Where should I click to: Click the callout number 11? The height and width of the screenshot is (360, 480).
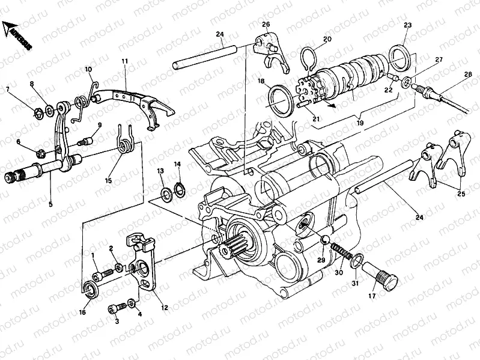pyautogui.click(x=125, y=61)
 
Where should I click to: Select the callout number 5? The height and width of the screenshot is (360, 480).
pyautogui.click(x=50, y=204)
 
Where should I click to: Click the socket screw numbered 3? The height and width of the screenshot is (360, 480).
pyautogui.click(x=114, y=309)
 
